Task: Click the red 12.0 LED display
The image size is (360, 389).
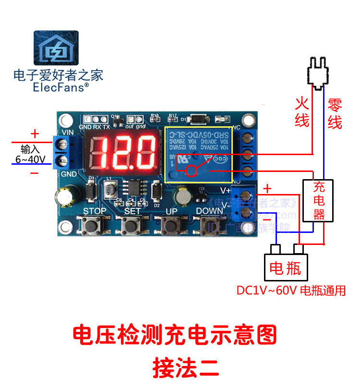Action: pyautogui.click(x=123, y=150)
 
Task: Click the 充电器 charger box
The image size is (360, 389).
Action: pyautogui.click(x=319, y=200)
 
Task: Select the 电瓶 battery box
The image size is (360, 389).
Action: pyautogui.click(x=285, y=267)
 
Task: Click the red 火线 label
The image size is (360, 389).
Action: pyautogui.click(x=301, y=112)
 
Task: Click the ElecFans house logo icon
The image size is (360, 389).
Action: pyautogui.click(x=56, y=49)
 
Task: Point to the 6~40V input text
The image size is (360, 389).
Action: pyautogui.click(x=30, y=159)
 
